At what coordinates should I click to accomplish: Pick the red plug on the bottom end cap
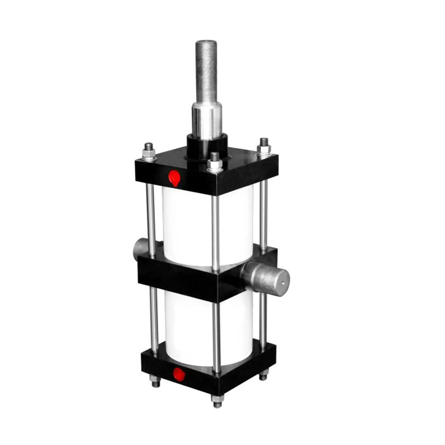click(179, 374)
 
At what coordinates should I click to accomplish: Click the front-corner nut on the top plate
click(214, 163)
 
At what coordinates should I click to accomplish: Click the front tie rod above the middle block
click(216, 231)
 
